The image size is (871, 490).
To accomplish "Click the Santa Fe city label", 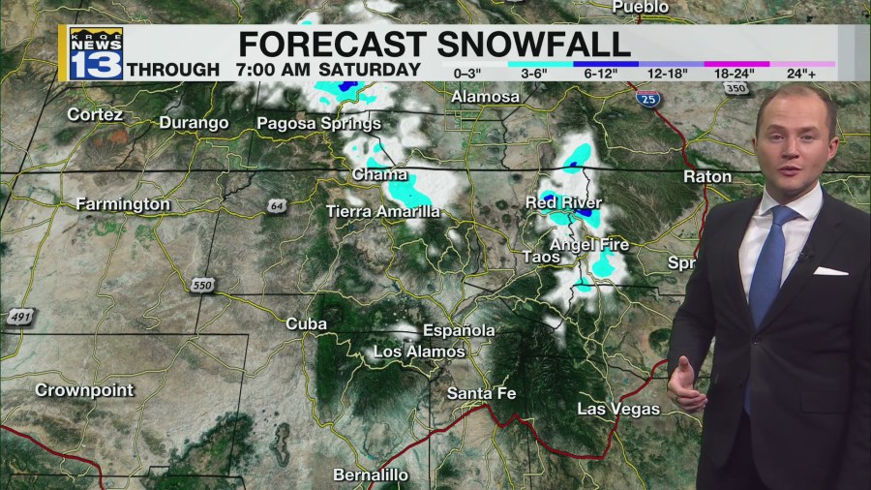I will point(481,393).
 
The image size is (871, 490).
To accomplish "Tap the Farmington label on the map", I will point(123,204).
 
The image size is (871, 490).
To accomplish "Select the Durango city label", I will point(194,123).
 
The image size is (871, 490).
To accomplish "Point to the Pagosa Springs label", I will point(318,123).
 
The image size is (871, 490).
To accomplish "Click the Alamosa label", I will point(485,97).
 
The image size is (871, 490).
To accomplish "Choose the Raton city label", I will point(707,176).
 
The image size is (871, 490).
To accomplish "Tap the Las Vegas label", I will point(618,409).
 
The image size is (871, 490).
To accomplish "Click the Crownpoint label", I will point(84,390).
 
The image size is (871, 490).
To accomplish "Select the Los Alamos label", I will point(419,352).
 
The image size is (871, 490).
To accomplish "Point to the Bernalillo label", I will point(371,475).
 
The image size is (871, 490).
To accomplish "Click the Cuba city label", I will point(306,324).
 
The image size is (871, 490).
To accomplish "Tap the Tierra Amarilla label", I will point(382,211).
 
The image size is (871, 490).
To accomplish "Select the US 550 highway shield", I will point(201,285).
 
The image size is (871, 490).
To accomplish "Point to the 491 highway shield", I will point(19,317).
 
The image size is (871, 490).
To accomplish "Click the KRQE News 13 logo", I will point(96,53).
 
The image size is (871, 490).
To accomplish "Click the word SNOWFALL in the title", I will point(534,44).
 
